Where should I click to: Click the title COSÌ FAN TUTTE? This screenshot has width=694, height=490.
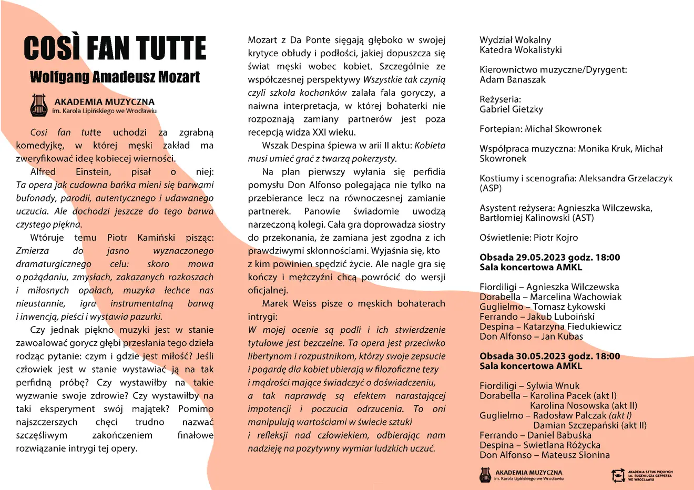coord(115,48)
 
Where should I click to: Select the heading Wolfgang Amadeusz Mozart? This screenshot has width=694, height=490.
coord(115,77)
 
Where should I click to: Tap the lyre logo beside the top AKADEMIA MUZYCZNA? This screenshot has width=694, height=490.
coord(39,105)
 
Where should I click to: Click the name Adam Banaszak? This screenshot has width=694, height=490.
coord(512,80)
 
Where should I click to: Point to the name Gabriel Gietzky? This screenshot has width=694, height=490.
coord(511,109)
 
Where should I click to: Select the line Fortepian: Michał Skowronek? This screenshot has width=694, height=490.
coord(540,129)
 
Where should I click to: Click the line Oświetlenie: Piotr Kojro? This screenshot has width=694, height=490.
coord(528,238)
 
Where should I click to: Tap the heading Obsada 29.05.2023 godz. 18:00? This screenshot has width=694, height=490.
coord(549,258)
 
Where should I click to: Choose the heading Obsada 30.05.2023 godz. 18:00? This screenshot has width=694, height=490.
coord(549,356)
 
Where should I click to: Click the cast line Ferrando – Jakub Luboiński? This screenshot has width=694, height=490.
coord(537,317)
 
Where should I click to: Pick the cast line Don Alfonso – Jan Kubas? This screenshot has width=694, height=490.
coord(531,336)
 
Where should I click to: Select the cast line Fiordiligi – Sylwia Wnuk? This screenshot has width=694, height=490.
coord(529,386)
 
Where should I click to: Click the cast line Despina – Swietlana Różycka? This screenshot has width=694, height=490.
coord(539,445)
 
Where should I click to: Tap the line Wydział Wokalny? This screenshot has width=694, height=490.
coord(515,40)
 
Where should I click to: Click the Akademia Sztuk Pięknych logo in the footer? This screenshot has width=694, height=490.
coord(618,475)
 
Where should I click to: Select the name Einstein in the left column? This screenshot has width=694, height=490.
coord(93,172)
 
